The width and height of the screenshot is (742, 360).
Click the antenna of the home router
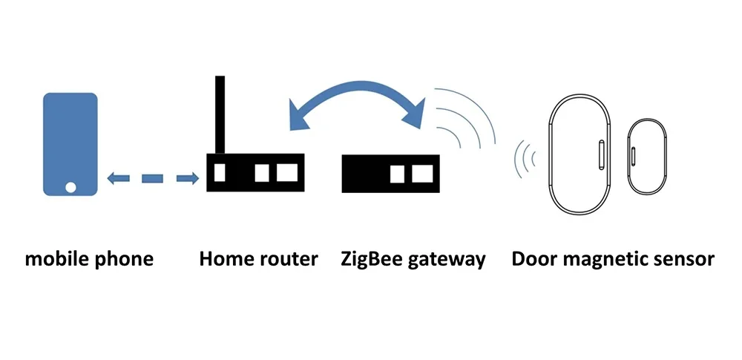(220, 115)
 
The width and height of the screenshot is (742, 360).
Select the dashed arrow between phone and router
(152, 178)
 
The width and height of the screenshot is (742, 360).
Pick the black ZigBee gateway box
(390, 174)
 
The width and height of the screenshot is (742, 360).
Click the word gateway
(448, 260)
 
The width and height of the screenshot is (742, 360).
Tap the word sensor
(688, 260)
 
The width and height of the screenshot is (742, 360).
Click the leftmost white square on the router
(219, 173)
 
